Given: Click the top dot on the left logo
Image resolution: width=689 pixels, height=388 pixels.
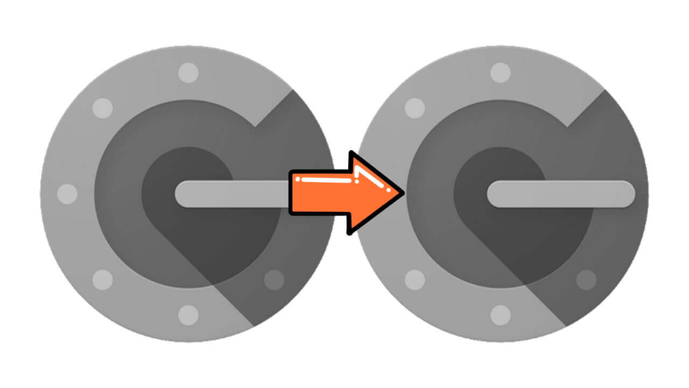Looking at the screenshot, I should (x=188, y=72).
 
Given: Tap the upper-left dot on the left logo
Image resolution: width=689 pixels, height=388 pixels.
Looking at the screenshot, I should (x=102, y=108).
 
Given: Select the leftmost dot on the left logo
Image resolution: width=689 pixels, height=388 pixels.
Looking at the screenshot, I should (x=67, y=193).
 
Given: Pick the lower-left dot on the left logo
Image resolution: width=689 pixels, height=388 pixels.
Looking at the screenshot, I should (x=102, y=280).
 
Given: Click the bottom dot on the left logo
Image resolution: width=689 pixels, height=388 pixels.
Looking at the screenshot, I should (x=188, y=315).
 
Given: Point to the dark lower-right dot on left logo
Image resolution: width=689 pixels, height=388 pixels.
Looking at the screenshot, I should (x=274, y=280).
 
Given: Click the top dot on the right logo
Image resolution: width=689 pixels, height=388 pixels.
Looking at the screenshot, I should (x=501, y=72).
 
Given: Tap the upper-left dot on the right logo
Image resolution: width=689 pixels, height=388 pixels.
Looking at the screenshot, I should (x=414, y=108).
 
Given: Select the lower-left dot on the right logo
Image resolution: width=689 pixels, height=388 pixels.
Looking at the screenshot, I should (x=414, y=280).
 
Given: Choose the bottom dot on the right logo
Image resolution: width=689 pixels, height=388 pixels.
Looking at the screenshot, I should (x=501, y=315).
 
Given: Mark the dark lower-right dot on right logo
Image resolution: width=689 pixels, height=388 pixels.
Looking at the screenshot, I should (x=586, y=280).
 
